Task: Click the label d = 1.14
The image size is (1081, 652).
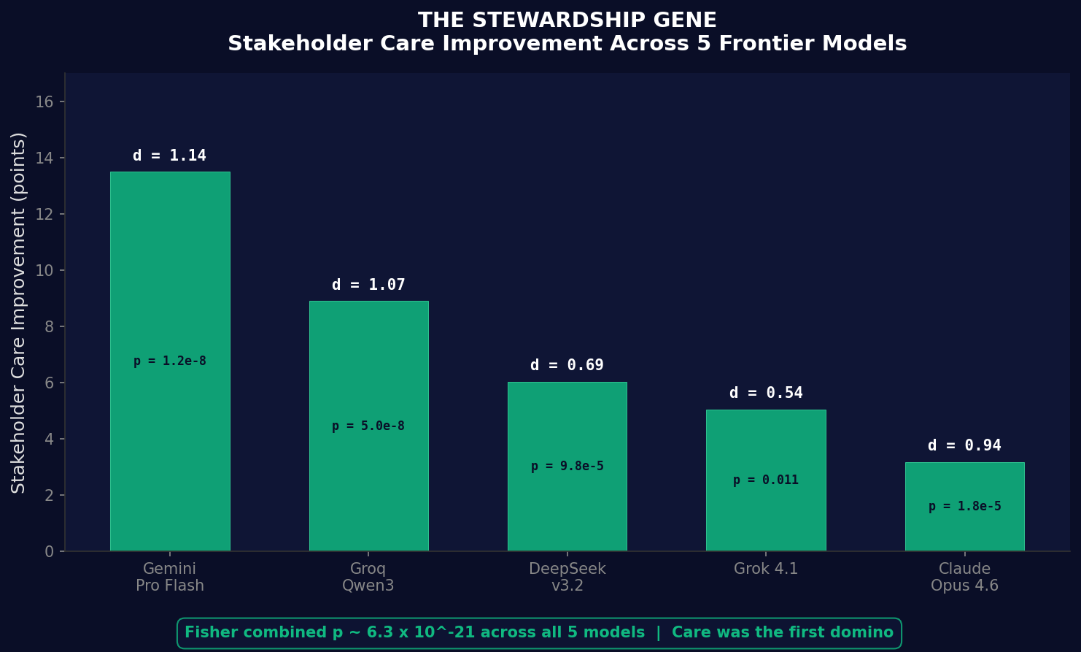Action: tap(170, 156)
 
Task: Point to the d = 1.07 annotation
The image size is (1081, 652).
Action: tap(368, 285)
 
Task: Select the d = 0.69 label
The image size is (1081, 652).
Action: tap(567, 365)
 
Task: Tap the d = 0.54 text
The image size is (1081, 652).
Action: tap(766, 393)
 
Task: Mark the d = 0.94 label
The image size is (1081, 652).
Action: tap(964, 445)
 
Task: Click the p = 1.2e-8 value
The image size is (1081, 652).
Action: tap(170, 361)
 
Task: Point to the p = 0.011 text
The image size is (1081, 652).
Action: tap(766, 480)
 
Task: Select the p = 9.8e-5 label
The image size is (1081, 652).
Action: tap(567, 467)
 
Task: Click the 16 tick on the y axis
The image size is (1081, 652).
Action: tap(44, 101)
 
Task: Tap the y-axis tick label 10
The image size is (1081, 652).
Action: tap(44, 270)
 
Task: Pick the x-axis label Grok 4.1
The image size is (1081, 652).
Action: tap(766, 569)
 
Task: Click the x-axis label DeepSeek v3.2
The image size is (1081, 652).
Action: tap(567, 577)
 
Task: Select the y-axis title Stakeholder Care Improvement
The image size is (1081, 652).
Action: tap(19, 312)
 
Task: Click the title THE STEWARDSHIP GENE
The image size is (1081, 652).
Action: tap(567, 20)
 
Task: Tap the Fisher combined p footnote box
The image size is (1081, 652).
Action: tap(539, 633)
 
